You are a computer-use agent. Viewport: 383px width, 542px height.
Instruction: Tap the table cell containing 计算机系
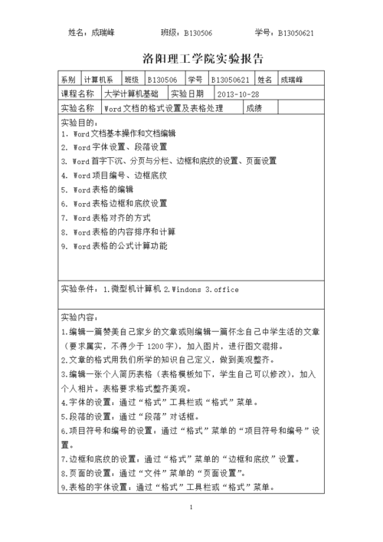tap(98, 80)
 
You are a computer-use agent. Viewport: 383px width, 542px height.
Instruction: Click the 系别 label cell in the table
tap(67, 80)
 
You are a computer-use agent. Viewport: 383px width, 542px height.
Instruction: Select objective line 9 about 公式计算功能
tap(113, 247)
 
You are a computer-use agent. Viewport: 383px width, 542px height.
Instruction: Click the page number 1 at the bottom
tap(191, 508)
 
